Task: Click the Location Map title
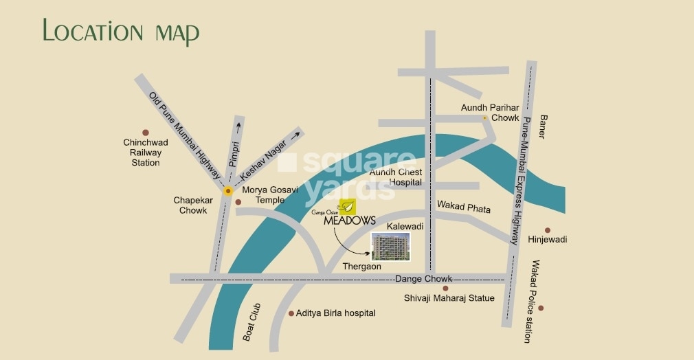coord(121,32)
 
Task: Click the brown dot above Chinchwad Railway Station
coord(145,133)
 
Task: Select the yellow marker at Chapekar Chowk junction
coord(227,190)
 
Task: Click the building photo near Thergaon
coord(390,246)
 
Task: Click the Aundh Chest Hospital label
coord(396,177)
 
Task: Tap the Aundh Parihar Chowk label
coord(490,113)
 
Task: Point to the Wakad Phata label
coord(464,206)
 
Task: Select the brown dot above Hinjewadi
coord(548,230)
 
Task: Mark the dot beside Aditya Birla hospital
coord(291,313)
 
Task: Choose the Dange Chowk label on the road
coord(423,278)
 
